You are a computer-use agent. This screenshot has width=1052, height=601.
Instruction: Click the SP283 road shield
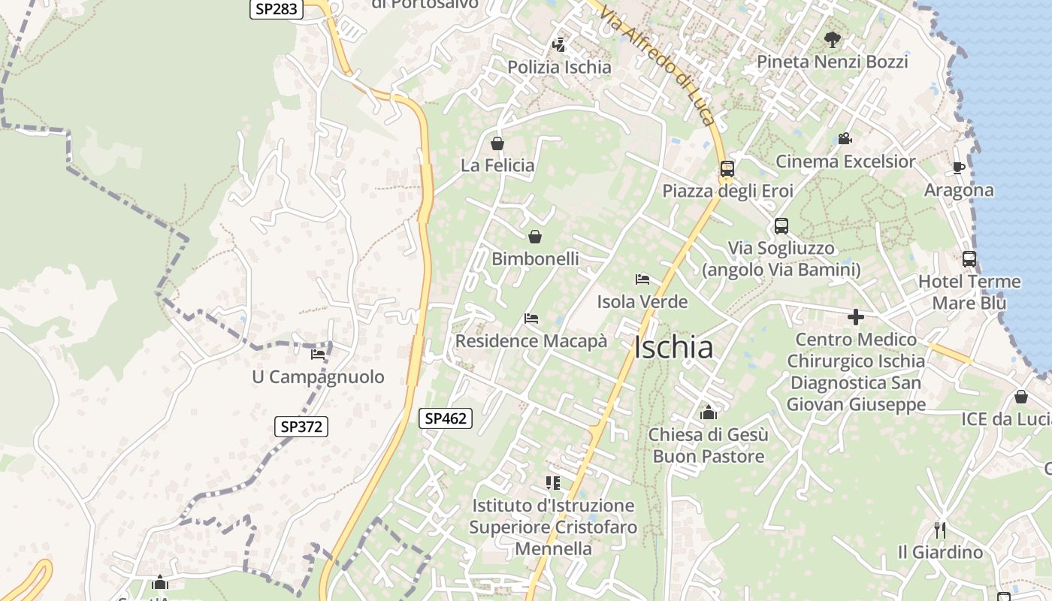pos(277,9)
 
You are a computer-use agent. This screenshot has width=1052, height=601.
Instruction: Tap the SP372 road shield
pos(301,427)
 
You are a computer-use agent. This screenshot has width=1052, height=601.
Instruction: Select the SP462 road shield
pos(446,418)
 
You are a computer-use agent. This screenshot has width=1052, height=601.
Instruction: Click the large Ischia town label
pos(673,348)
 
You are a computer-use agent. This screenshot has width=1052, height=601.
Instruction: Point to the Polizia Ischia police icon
pos(558,45)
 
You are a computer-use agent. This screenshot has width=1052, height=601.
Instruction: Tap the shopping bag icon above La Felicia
pos(497,143)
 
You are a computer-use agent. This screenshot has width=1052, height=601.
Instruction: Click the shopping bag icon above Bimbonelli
pos(535,237)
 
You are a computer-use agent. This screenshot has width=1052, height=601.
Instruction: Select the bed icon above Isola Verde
pos(642,279)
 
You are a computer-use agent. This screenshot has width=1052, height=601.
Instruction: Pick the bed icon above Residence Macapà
pos(531,319)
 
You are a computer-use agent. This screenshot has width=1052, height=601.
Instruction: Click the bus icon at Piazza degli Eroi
pos(727,169)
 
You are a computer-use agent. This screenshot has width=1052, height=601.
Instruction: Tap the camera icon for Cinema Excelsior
pos(845,139)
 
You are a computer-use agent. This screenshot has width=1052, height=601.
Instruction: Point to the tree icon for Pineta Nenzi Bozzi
pos(832,39)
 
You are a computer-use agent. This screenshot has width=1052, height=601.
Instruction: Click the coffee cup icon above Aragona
pos(958,168)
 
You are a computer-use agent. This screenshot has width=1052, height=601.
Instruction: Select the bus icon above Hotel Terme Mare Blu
pos(969,259)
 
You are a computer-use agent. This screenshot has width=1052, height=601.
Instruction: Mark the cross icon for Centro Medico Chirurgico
pos(856,317)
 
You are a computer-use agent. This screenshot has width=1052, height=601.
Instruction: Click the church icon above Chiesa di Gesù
pos(708,412)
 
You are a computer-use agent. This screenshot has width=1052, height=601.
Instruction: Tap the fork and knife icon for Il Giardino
pos(939,530)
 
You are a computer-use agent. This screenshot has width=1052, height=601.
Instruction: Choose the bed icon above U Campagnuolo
pos(318,354)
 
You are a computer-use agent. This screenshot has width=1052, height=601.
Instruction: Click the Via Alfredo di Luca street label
pos(657,65)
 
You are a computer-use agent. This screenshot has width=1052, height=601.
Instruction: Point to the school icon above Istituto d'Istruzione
pos(553,482)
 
